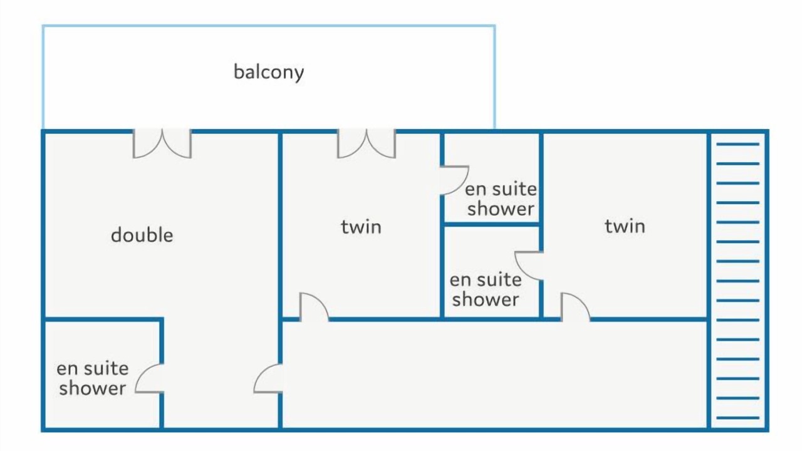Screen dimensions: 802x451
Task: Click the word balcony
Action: coord(269,73)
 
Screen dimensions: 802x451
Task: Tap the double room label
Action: coord(142,235)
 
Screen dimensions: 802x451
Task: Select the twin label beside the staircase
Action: coord(625,226)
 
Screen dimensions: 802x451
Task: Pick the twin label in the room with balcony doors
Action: coord(361,227)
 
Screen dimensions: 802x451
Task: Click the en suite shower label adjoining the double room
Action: coord(92,378)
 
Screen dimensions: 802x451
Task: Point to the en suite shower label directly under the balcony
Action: coord(501,199)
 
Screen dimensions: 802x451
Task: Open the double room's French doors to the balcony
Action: coord(162,143)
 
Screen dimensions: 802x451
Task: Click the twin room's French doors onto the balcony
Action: coord(367,143)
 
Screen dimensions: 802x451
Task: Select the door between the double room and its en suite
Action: coord(150,379)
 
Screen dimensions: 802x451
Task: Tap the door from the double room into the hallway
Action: coord(268,379)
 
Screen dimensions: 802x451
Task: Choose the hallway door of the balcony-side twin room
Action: coord(314,307)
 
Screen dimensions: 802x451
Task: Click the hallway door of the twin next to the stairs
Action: coord(575,307)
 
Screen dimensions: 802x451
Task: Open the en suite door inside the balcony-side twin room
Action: coord(455,180)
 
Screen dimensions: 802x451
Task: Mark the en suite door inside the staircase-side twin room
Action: coord(529,266)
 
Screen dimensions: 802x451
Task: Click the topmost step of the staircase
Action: coord(738,144)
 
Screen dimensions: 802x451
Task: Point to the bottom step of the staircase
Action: coord(738,418)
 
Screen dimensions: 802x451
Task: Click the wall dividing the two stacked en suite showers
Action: coord(492,224)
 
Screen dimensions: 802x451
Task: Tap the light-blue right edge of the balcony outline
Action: coord(495,76)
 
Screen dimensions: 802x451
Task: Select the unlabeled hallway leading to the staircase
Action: coord(494,374)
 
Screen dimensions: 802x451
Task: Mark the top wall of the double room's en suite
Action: coord(103,319)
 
